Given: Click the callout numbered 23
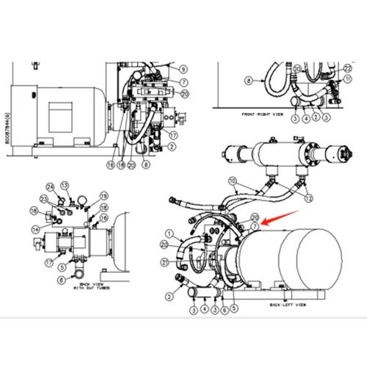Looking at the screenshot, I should click(44, 199).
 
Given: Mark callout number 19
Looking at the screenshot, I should click(103, 196).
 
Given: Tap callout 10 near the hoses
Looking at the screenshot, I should click(231, 181).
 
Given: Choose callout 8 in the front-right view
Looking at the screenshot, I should click(248, 79).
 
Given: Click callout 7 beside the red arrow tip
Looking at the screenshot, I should click(254, 226).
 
